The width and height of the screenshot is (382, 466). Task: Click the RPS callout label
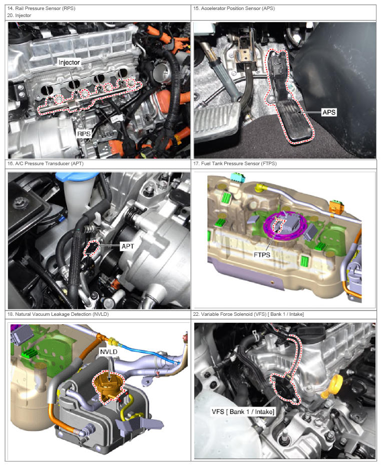click(x=84, y=134)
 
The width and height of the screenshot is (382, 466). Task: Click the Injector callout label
click(x=69, y=63)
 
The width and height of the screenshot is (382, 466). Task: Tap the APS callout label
click(x=329, y=112)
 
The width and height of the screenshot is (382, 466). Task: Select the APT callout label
click(x=128, y=246)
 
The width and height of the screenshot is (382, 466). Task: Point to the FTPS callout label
click(x=262, y=255)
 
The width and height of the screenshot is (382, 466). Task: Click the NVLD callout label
click(x=109, y=352)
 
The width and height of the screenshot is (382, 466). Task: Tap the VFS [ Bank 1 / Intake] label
click(x=243, y=412)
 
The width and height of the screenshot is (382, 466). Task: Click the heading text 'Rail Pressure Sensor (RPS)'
click(x=45, y=9)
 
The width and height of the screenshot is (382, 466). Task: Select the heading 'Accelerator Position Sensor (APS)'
click(x=238, y=9)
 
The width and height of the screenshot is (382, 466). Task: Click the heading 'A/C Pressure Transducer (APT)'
click(x=50, y=164)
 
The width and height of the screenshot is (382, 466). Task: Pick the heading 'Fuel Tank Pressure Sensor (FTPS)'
click(x=239, y=164)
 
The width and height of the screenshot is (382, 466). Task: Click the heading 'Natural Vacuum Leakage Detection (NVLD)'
click(x=62, y=314)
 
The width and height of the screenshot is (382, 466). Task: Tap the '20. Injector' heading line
click(x=19, y=16)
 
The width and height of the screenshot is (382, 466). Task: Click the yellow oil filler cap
click(x=332, y=386)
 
